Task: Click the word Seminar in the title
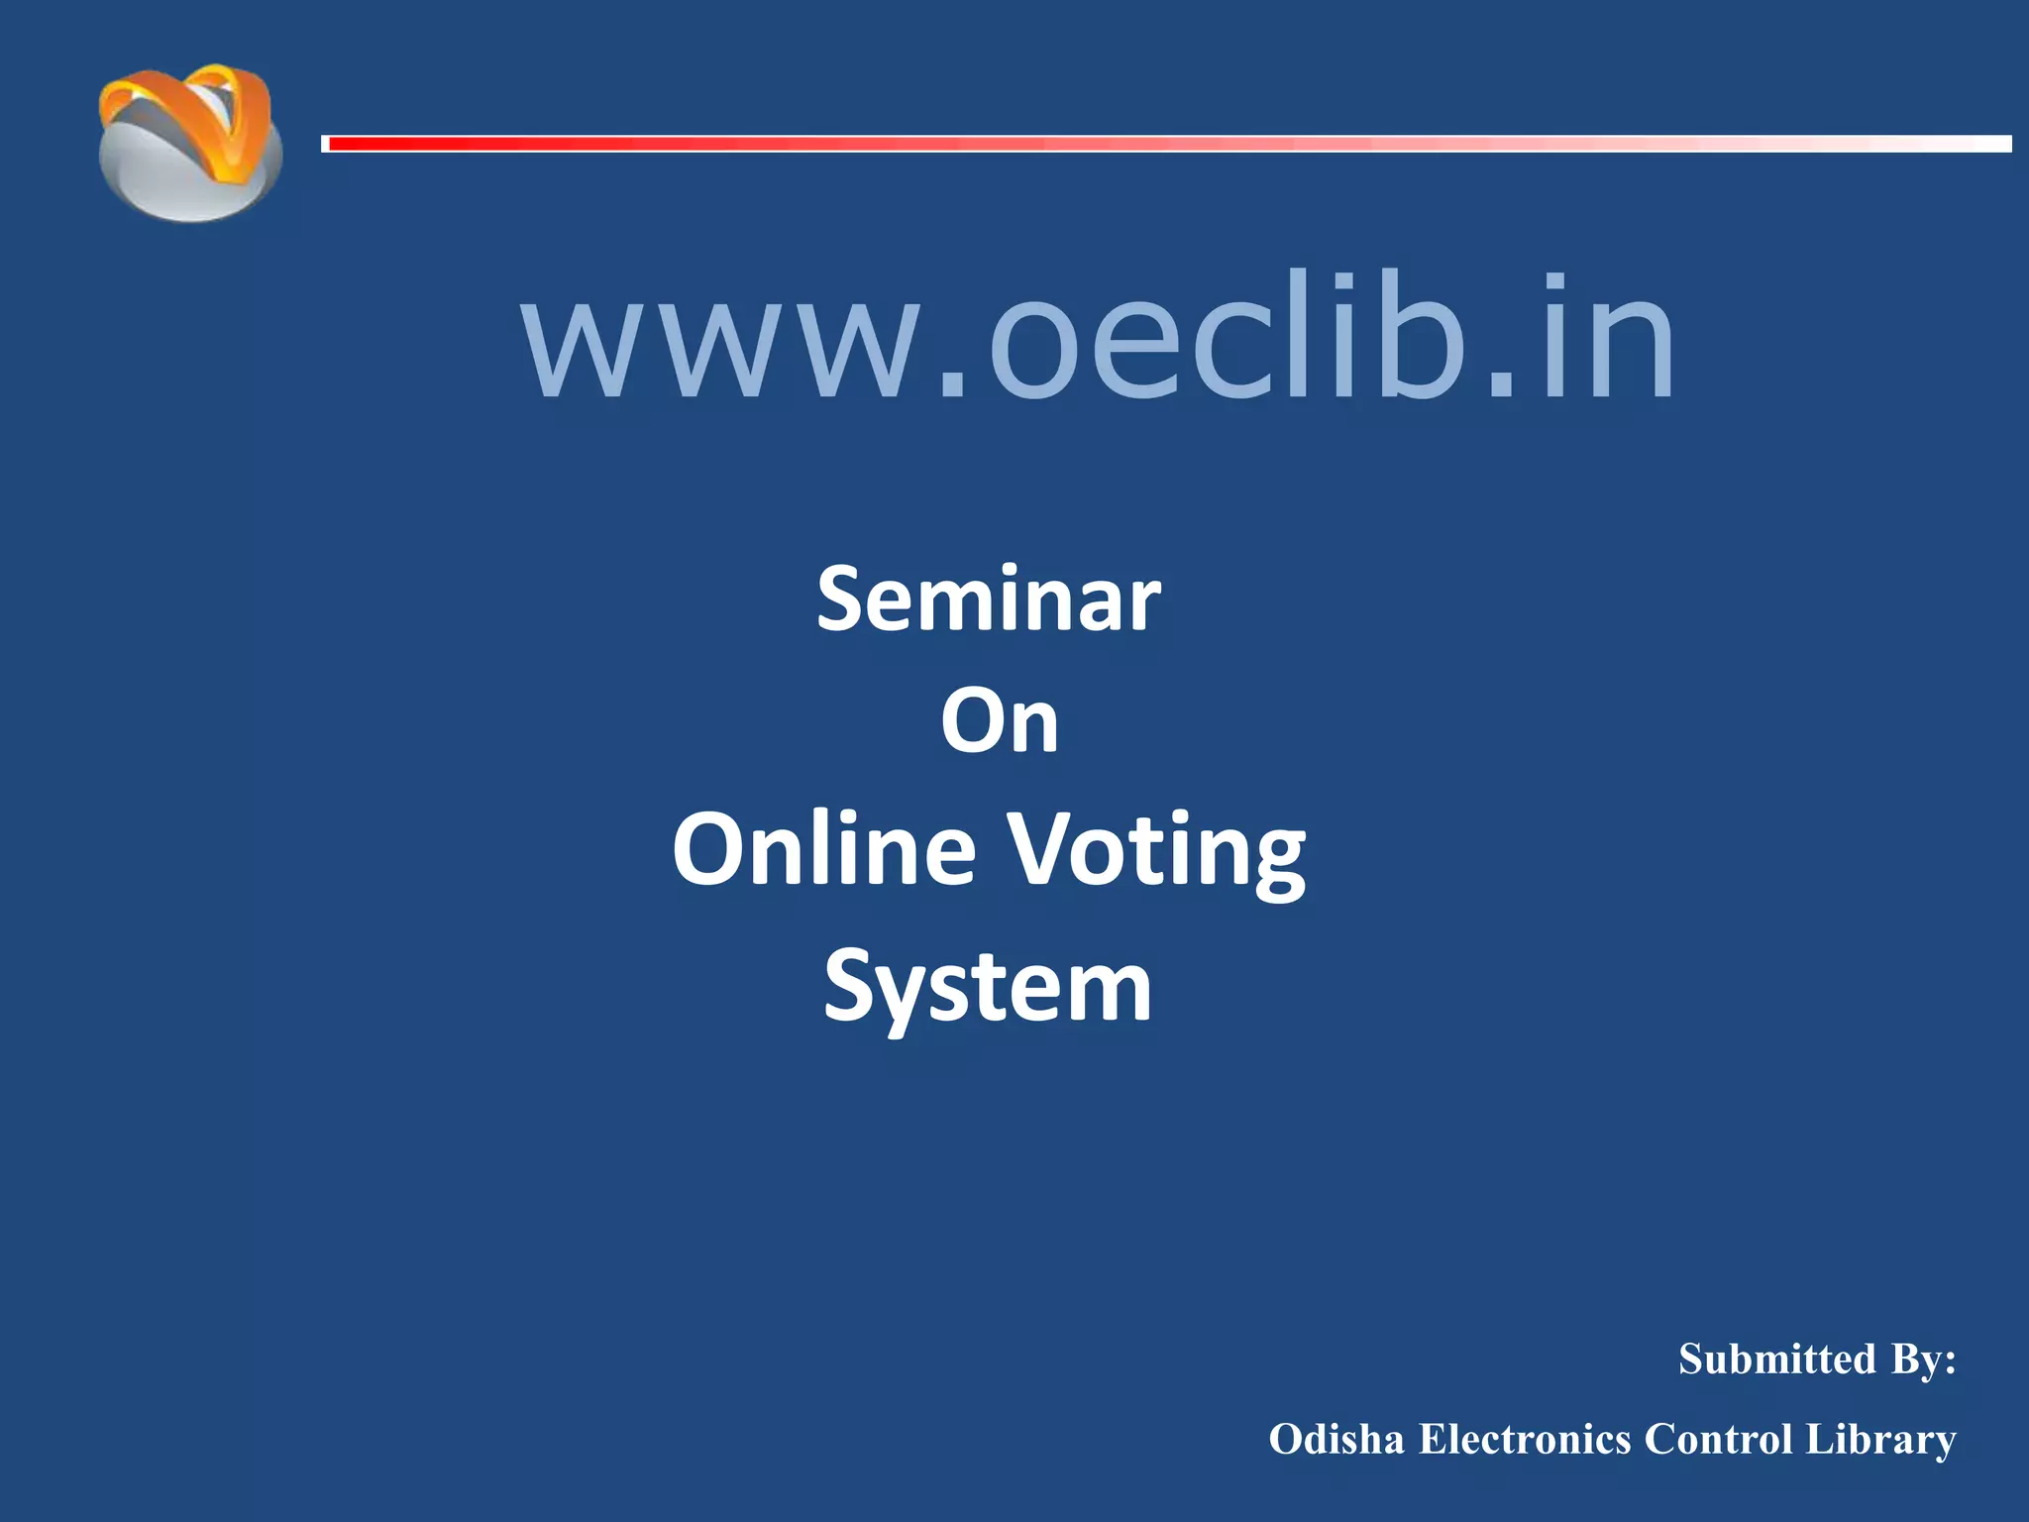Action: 989,599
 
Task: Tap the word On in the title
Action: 1000,721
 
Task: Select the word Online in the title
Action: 824,849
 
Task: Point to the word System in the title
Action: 988,987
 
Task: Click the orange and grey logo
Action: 190,144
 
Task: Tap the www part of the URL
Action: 728,342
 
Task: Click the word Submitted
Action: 1777,1359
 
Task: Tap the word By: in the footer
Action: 1923,1359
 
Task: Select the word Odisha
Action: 1336,1440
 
